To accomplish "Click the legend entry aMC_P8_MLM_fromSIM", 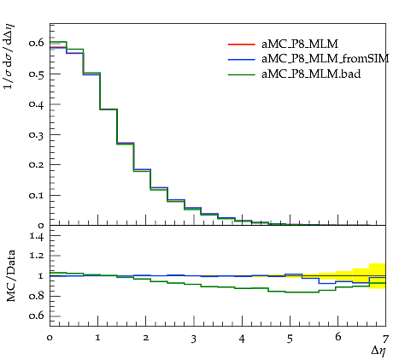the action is point(326,59).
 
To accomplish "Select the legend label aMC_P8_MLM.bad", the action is point(311,74).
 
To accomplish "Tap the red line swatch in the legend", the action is point(241,44).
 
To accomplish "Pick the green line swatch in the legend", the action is point(241,74).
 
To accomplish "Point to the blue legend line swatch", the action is point(241,59).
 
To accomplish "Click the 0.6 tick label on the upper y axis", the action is point(37,43).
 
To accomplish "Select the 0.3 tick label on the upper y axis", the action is point(37,135).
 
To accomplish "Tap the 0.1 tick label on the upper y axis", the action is point(37,196).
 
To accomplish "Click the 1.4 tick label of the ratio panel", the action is point(37,236).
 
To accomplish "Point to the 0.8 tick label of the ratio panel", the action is point(37,296).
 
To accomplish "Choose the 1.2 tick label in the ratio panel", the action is point(37,256).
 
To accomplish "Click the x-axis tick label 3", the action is point(194,339).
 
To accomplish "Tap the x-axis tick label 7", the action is point(385,339).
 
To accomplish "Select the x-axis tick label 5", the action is point(290,339).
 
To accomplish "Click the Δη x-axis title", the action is point(378,351).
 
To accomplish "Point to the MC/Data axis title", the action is point(11,275).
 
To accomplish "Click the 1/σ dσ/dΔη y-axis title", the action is point(9,57).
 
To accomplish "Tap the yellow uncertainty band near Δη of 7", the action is point(378,276).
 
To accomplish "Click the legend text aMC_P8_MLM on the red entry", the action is point(300,44).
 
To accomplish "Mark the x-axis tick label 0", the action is point(50,339).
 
